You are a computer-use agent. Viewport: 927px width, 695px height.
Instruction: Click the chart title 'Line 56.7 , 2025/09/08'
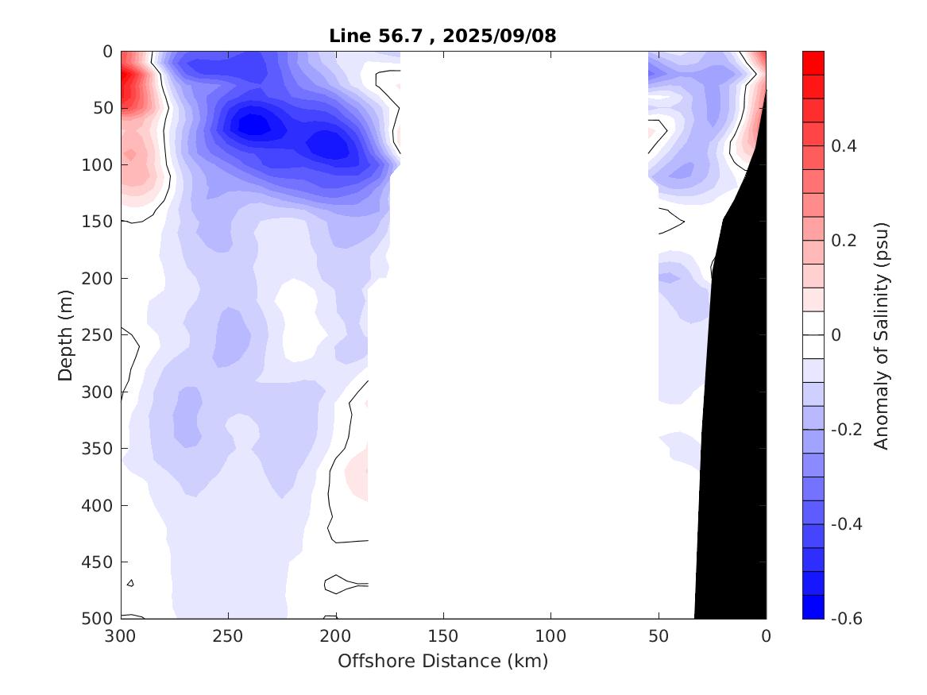(442, 36)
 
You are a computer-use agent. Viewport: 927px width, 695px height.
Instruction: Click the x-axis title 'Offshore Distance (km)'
(442, 661)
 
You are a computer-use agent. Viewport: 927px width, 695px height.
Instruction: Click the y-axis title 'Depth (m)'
(66, 334)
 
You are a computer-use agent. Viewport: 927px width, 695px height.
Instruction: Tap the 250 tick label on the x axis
(228, 636)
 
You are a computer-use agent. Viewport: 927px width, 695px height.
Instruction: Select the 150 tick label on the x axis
(442, 636)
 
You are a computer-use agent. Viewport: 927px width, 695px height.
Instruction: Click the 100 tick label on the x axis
(550, 636)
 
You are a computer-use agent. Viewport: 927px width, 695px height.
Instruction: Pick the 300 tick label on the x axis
(121, 636)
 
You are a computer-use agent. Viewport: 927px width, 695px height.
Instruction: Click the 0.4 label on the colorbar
(845, 146)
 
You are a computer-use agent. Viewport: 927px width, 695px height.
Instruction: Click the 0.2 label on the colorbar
(845, 241)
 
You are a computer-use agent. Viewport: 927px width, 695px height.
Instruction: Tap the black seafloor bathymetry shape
(735, 397)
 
